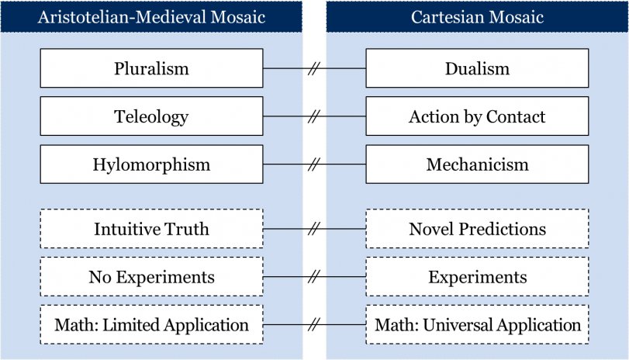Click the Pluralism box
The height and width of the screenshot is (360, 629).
[x=152, y=68]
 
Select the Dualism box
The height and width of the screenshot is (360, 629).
[x=477, y=68]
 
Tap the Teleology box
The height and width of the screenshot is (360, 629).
[x=152, y=116]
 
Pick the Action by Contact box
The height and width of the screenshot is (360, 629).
[x=477, y=116]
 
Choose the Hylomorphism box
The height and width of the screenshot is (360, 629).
[x=152, y=164]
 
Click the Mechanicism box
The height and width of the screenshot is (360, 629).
[x=477, y=164]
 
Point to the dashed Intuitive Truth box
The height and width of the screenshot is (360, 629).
[x=152, y=229]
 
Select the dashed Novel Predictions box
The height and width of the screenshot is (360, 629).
[x=477, y=229]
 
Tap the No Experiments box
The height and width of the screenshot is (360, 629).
[x=152, y=276]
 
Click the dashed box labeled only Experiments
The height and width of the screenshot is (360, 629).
[x=477, y=276]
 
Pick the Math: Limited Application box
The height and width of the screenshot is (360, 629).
[x=152, y=324]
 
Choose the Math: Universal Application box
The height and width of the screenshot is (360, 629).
[x=477, y=324]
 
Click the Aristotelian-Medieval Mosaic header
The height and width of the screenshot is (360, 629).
[x=151, y=17]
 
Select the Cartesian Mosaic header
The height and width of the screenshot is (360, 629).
[x=477, y=17]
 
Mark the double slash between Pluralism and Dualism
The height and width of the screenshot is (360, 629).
[x=315, y=68]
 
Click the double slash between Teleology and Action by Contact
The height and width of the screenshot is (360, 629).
[x=315, y=116]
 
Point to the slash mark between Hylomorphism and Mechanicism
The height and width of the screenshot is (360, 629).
[x=315, y=164]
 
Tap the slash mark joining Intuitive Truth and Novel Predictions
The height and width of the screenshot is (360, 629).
[x=315, y=229]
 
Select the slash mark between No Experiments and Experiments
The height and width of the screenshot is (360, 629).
[x=315, y=276]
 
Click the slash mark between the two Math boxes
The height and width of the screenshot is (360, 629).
[x=315, y=324]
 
